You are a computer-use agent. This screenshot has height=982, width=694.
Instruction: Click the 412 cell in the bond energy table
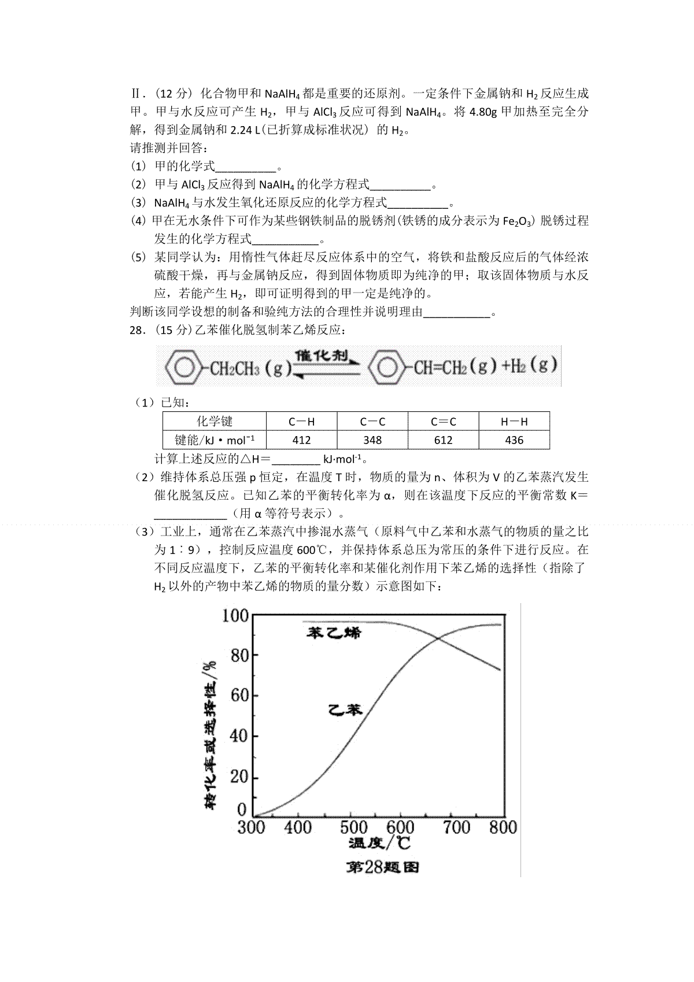tap(301, 440)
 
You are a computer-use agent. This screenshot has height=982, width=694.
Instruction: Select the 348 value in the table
tap(372, 440)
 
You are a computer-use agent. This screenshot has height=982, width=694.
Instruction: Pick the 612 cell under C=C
tap(443, 440)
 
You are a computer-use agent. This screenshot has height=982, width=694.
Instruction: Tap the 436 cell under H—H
tap(514, 440)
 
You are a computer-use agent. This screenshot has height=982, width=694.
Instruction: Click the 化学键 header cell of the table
tap(215, 421)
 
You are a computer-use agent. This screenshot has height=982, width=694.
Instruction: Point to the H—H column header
tap(514, 422)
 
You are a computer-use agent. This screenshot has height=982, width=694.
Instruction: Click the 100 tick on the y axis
tap(235, 615)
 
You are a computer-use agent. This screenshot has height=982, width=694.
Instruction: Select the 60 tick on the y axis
tap(239, 695)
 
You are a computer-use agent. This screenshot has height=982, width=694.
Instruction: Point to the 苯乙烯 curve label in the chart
tap(334, 632)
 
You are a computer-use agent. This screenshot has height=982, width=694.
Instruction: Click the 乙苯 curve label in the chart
tap(345, 710)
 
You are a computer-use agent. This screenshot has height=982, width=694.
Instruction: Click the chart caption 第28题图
tap(382, 867)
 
